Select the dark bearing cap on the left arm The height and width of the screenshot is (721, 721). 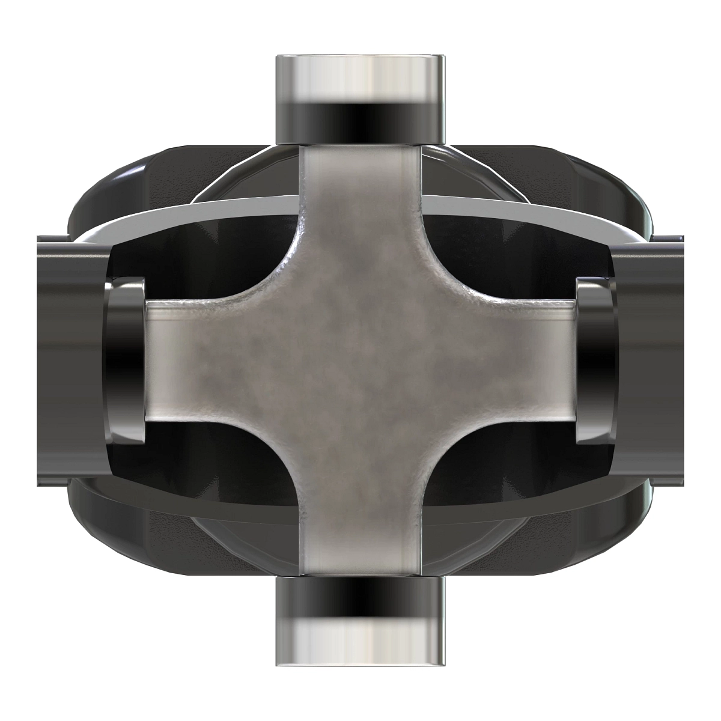pos(126,361)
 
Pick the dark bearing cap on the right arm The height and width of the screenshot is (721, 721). pos(595,361)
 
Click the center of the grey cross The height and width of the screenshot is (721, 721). pos(360,360)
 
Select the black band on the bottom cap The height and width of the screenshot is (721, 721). pos(360,601)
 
